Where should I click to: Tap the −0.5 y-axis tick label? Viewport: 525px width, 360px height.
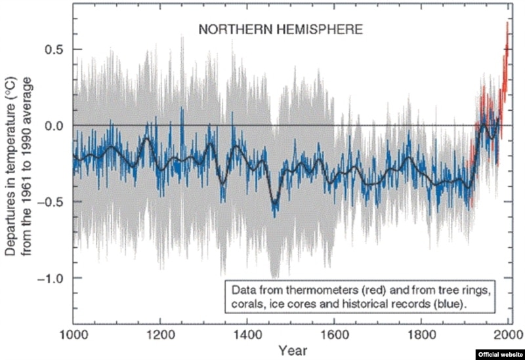(50, 201)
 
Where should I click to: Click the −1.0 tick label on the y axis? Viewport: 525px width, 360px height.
(50, 278)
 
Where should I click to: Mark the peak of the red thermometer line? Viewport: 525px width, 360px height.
(508, 23)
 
